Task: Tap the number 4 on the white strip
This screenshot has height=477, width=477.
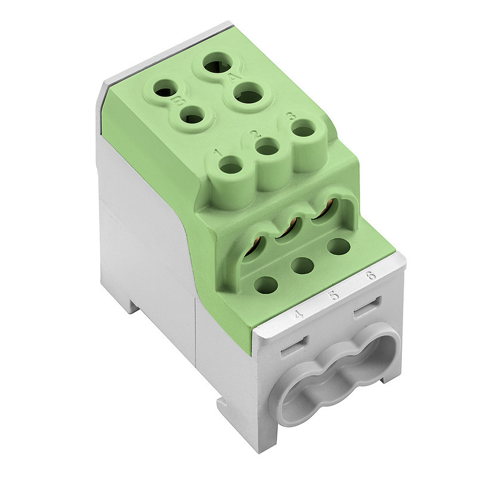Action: click(299, 313)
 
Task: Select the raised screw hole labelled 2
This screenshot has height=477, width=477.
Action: click(268, 148)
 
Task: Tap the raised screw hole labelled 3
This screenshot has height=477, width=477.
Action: click(304, 129)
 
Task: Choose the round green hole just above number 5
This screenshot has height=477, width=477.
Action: click(303, 265)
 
